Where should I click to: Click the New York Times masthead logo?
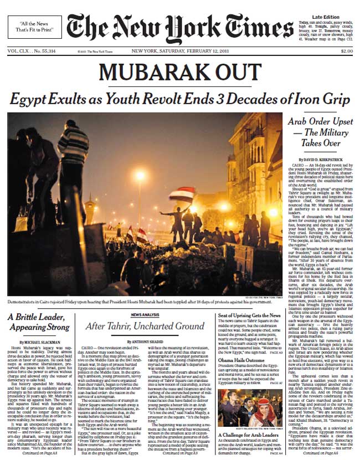tap(179, 28)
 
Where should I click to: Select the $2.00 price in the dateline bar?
tap(346, 52)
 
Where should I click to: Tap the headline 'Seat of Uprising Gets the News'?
tap(253, 315)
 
